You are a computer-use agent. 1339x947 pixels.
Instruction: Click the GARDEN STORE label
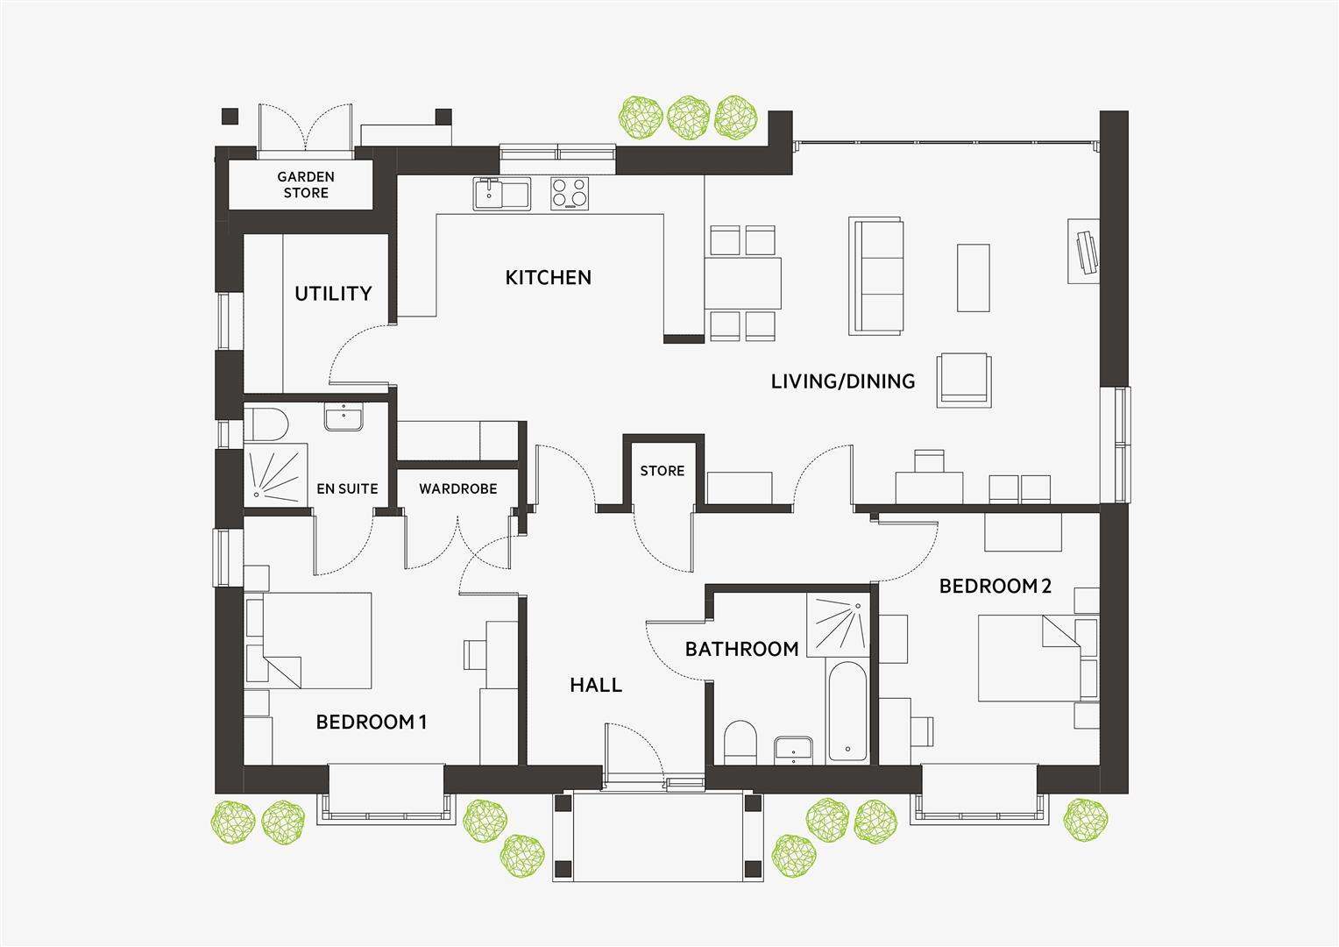click(306, 185)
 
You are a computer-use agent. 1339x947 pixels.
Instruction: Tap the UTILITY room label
click(333, 294)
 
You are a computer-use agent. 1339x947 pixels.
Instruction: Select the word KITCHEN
click(549, 278)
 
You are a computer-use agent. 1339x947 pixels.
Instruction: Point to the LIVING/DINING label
click(843, 381)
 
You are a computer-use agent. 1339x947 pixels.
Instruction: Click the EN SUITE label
click(347, 489)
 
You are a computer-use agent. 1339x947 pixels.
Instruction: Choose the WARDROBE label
click(457, 489)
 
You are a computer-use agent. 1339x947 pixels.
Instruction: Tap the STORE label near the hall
click(662, 472)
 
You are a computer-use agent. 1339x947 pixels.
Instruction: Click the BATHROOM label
click(741, 650)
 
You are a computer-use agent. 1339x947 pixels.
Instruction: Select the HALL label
click(596, 686)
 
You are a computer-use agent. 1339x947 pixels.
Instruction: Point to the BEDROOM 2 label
click(995, 587)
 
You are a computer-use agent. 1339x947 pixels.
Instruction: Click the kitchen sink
click(502, 194)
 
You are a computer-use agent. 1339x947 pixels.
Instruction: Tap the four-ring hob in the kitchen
click(570, 194)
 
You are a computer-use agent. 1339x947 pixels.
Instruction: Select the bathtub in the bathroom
click(847, 711)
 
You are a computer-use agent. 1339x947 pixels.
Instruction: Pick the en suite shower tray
click(276, 474)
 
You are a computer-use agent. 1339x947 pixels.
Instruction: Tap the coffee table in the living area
click(973, 277)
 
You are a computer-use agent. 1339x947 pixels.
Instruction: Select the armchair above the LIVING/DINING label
click(964, 379)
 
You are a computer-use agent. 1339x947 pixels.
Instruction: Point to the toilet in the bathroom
click(741, 743)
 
